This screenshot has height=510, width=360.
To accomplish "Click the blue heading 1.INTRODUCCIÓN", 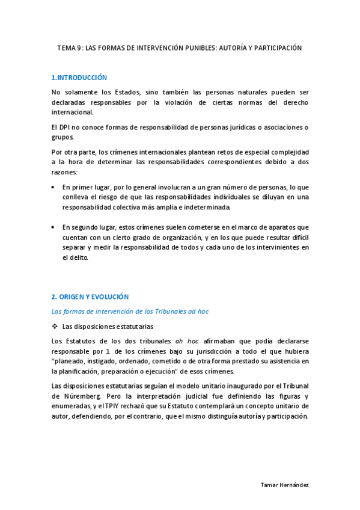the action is point(79,78).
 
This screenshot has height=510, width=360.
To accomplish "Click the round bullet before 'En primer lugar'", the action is point(54,188).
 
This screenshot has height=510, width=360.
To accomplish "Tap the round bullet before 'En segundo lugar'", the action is point(54,227).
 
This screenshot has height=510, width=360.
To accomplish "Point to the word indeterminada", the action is point(203,207).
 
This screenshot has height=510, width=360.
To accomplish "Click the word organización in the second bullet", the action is point(163,237).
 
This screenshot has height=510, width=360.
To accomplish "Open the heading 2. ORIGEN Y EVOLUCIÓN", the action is point(90,297).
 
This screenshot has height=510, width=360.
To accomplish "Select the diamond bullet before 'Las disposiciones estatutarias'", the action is point(55,327).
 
